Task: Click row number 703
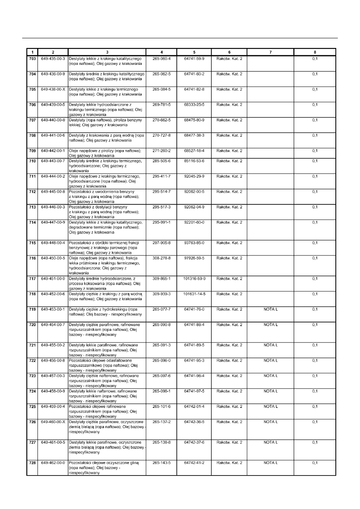coord(32,59)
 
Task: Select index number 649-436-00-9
coord(53,74)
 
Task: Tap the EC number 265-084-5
coord(161,89)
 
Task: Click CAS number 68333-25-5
coord(194,105)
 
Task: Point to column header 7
coord(271,52)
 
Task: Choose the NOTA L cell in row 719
coord(271,310)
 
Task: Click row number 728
coord(32,463)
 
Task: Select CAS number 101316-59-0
coord(194,279)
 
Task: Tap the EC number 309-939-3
coord(161,294)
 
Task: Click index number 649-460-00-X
coord(53,422)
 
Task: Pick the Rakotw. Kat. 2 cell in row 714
coord(229,222)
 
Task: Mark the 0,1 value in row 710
coord(315,161)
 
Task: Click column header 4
coord(161,52)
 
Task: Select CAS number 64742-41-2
coord(194,463)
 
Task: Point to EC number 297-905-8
coord(161,243)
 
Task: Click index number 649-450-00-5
coord(53,258)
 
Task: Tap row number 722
coord(32,361)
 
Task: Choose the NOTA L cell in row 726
coord(271,422)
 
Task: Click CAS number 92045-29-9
coord(194,177)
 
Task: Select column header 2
coord(53,52)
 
